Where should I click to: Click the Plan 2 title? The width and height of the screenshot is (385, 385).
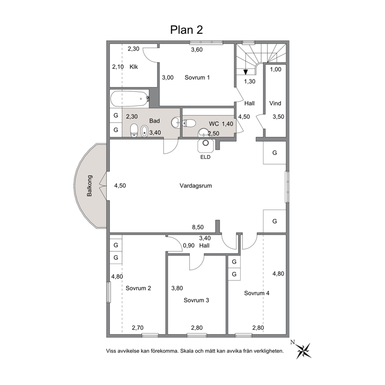click(x=186, y=30)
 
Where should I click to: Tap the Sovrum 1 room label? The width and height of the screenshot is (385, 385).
click(x=197, y=77)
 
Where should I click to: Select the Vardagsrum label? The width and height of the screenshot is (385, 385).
click(x=196, y=186)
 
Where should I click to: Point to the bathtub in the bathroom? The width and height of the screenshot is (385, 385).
click(x=130, y=99)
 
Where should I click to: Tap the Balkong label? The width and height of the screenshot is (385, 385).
click(x=90, y=186)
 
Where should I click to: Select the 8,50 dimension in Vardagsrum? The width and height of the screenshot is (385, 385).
click(x=198, y=227)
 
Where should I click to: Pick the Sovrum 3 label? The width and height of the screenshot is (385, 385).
click(x=196, y=300)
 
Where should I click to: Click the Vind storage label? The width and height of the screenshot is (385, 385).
click(x=275, y=103)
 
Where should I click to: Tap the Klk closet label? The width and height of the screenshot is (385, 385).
click(x=134, y=66)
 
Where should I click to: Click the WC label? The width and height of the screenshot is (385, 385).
click(x=214, y=124)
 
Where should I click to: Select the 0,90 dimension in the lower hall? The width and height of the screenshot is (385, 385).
click(x=189, y=245)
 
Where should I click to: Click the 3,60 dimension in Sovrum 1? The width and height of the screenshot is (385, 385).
click(x=197, y=49)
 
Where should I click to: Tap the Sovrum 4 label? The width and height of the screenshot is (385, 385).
click(x=257, y=293)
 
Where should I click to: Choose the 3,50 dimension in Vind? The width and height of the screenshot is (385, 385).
click(x=278, y=116)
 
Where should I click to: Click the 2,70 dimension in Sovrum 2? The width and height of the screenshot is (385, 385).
click(x=138, y=328)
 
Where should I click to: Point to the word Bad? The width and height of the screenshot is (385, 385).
click(x=154, y=121)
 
